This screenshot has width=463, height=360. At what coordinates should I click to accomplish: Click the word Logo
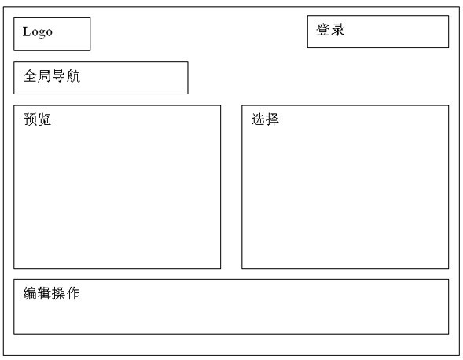coord(38,32)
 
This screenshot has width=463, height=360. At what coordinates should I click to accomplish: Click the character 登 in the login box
coord(323,30)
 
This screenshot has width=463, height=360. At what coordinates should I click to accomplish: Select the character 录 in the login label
coord(337,30)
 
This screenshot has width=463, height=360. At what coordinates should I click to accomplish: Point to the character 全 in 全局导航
coord(31,75)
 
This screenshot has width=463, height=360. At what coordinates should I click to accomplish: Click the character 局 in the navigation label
coord(45,75)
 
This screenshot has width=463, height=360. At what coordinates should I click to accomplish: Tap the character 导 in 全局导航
coord(59,75)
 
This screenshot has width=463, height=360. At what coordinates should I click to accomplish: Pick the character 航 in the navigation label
coord(73,75)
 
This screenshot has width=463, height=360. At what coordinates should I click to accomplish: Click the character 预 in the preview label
coord(31,119)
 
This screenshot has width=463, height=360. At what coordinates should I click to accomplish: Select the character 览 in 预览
coord(45,119)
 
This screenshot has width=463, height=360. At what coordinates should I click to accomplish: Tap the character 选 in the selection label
coord(258,119)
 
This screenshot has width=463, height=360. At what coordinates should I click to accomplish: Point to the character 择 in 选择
coord(272,119)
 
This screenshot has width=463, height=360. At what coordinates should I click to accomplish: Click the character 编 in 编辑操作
coord(30,293)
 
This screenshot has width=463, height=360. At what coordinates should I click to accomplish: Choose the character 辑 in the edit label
coord(44,293)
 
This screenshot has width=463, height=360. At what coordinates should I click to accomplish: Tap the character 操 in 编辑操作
coord(59,293)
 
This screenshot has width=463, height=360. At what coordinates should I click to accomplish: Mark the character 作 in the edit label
coord(73,293)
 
